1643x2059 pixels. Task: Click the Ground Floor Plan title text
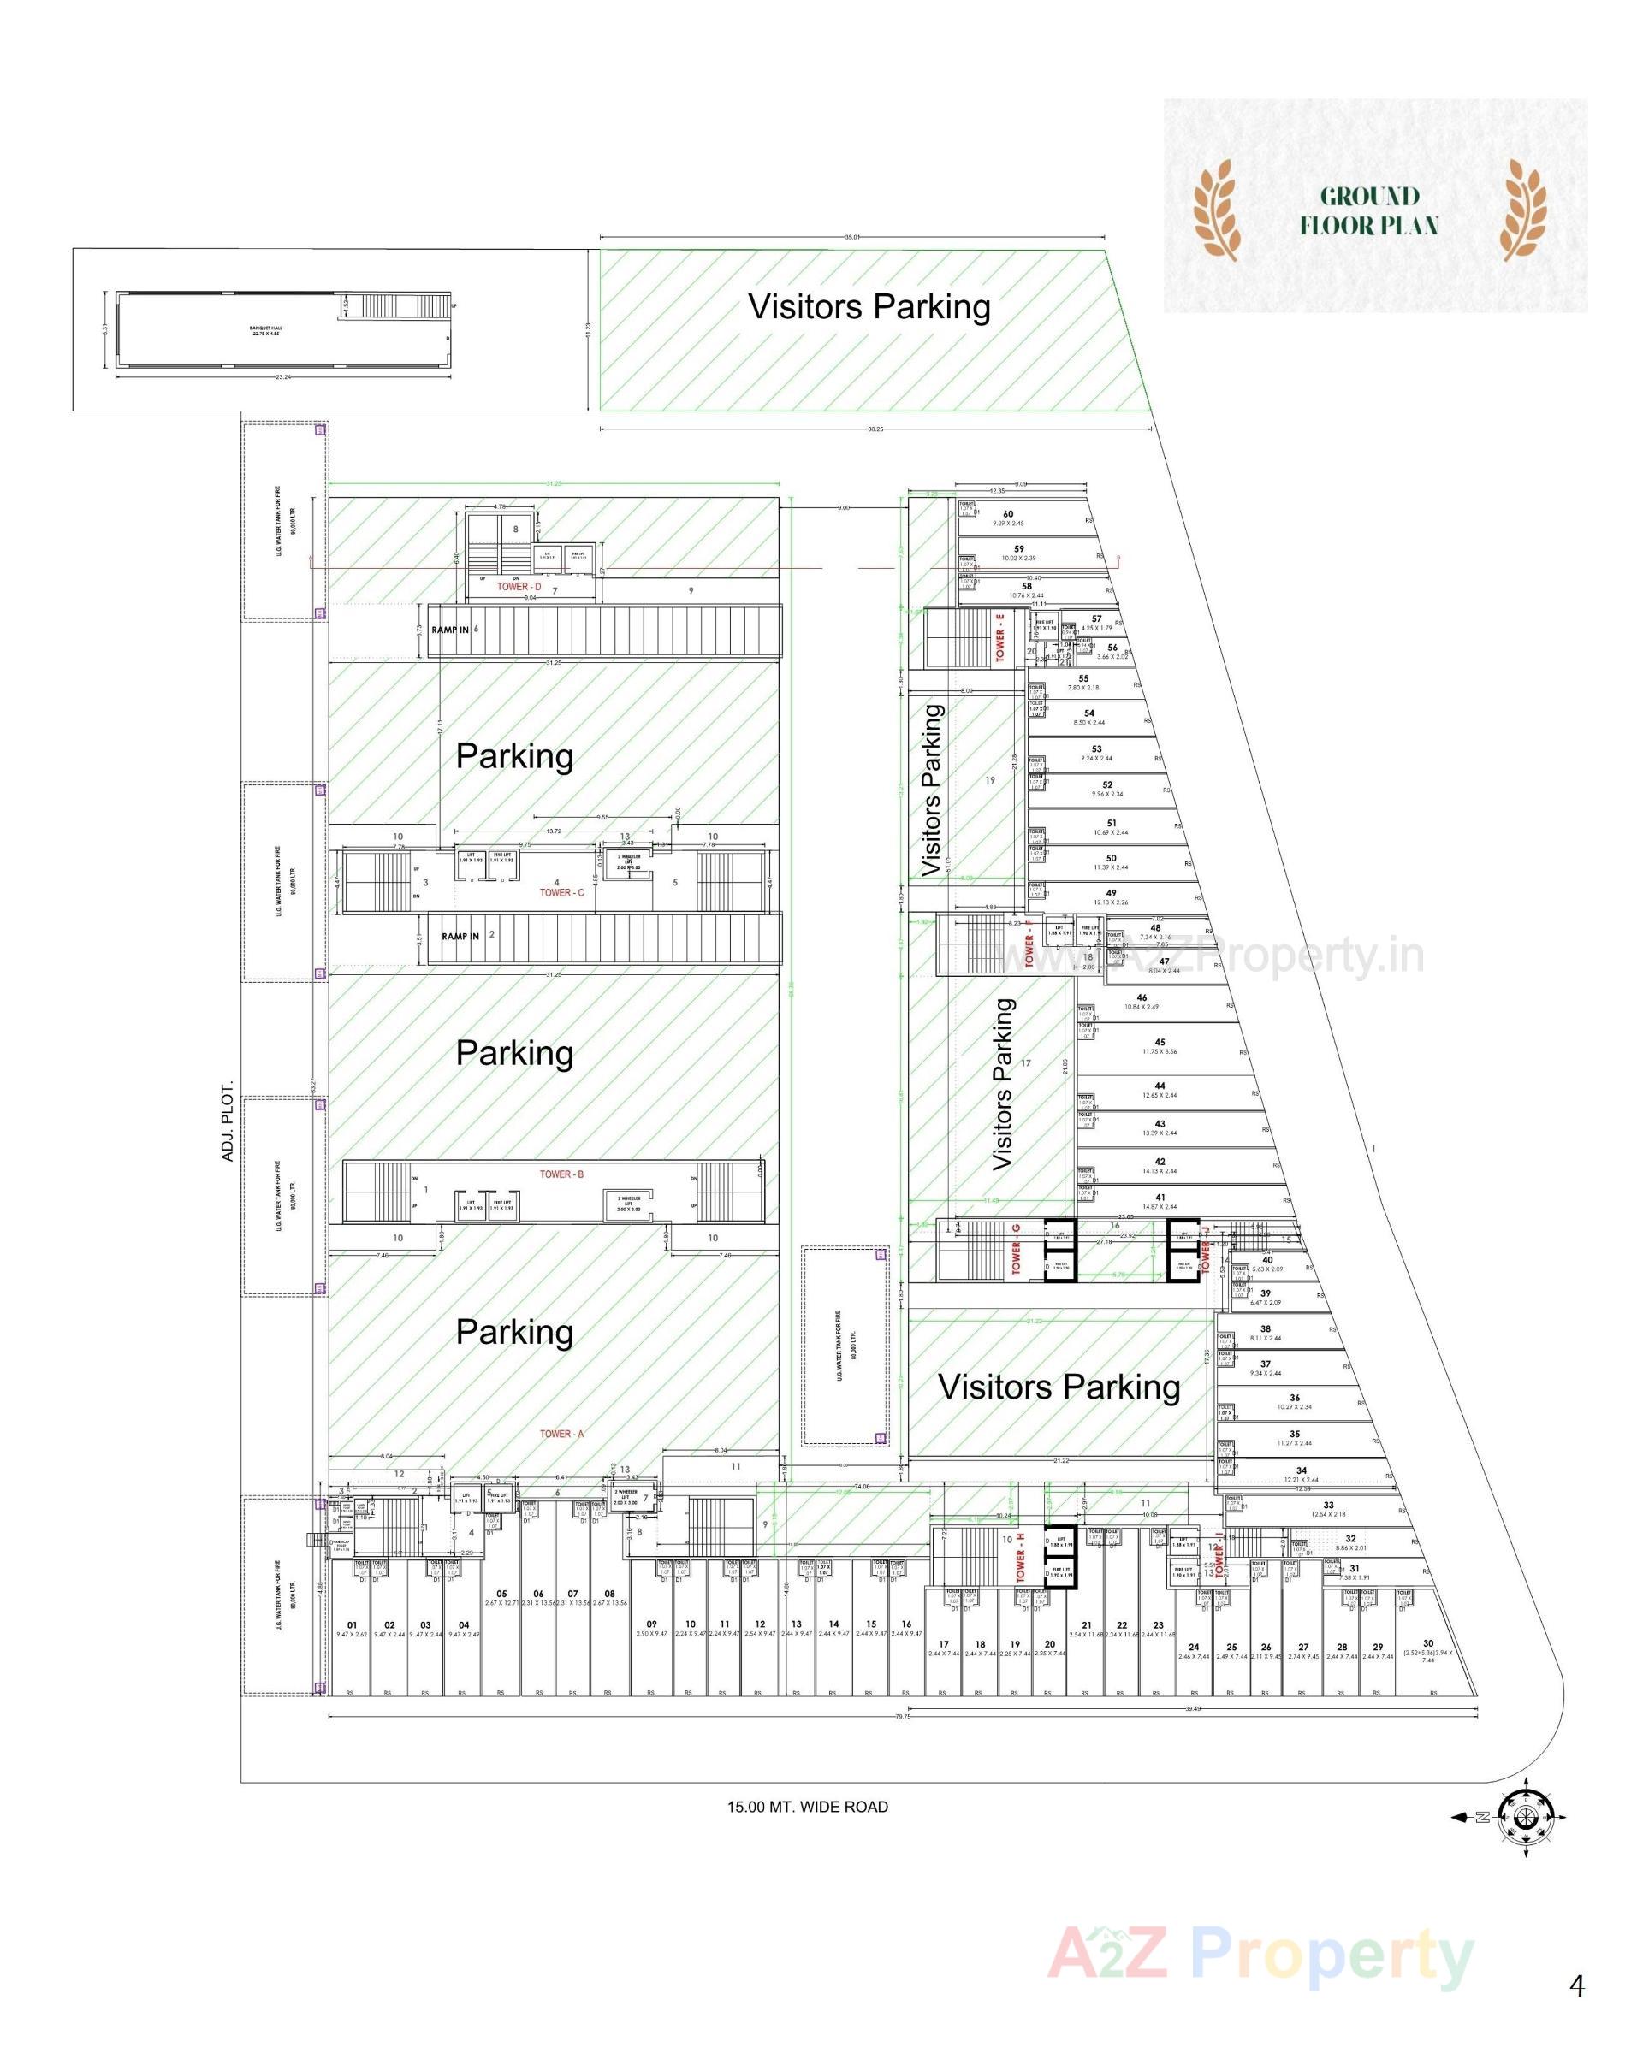coord(1368,211)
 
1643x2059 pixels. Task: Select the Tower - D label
coord(519,586)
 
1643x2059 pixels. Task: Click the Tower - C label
coord(561,892)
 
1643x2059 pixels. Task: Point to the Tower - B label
coord(561,1174)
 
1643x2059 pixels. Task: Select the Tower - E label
coord(1000,638)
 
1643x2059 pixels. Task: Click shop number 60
coord(1008,514)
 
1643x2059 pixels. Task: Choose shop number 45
coord(1160,1043)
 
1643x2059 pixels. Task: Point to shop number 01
coord(352,1624)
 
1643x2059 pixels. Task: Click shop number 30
coord(1428,1643)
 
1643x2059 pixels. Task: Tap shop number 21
coord(1086,1624)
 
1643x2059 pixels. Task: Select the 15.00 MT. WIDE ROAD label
coord(807,1807)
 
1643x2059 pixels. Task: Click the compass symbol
coord(1526,1818)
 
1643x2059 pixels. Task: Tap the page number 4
coord(1576,1959)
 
